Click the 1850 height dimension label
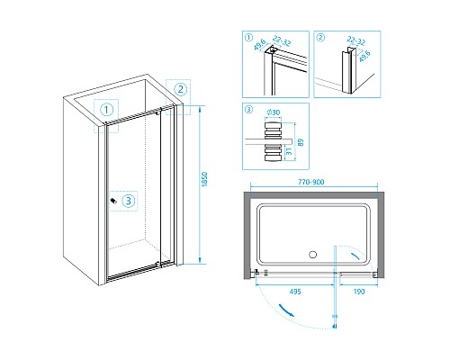[204, 179]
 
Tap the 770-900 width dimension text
[310, 182]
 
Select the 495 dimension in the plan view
[295, 292]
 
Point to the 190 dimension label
[359, 292]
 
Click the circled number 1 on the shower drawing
[106, 110]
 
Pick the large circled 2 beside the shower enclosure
[181, 89]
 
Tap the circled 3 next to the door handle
[129, 201]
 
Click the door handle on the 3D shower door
[113, 201]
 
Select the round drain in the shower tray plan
[312, 255]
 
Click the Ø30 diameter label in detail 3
[274, 112]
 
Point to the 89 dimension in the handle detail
[301, 142]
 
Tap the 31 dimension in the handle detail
[289, 151]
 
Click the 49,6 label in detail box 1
[260, 44]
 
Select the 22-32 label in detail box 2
[356, 40]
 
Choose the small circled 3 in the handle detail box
[249, 110]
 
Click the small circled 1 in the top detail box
[249, 38]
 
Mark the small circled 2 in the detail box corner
[320, 38]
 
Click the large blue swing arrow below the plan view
[286, 310]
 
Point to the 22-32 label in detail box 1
[282, 40]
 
